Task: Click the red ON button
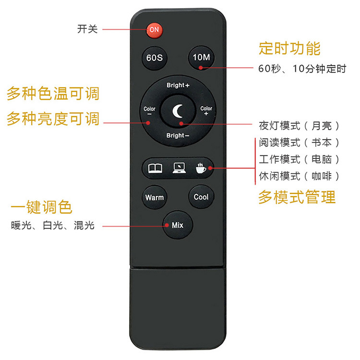[154, 30]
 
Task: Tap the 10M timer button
[201, 58]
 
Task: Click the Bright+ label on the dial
[178, 85]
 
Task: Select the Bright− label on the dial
[178, 135]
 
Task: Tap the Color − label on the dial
[150, 111]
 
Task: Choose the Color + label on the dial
[206, 111]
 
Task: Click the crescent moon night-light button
[178, 111]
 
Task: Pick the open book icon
[156, 168]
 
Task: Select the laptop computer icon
[179, 168]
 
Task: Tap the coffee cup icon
[201, 168]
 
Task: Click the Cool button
[201, 197]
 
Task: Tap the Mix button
[178, 225]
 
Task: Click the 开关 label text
[87, 29]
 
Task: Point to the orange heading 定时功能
[289, 48]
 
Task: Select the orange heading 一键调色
[42, 207]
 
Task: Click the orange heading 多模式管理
[297, 197]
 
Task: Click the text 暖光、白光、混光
[53, 225]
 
